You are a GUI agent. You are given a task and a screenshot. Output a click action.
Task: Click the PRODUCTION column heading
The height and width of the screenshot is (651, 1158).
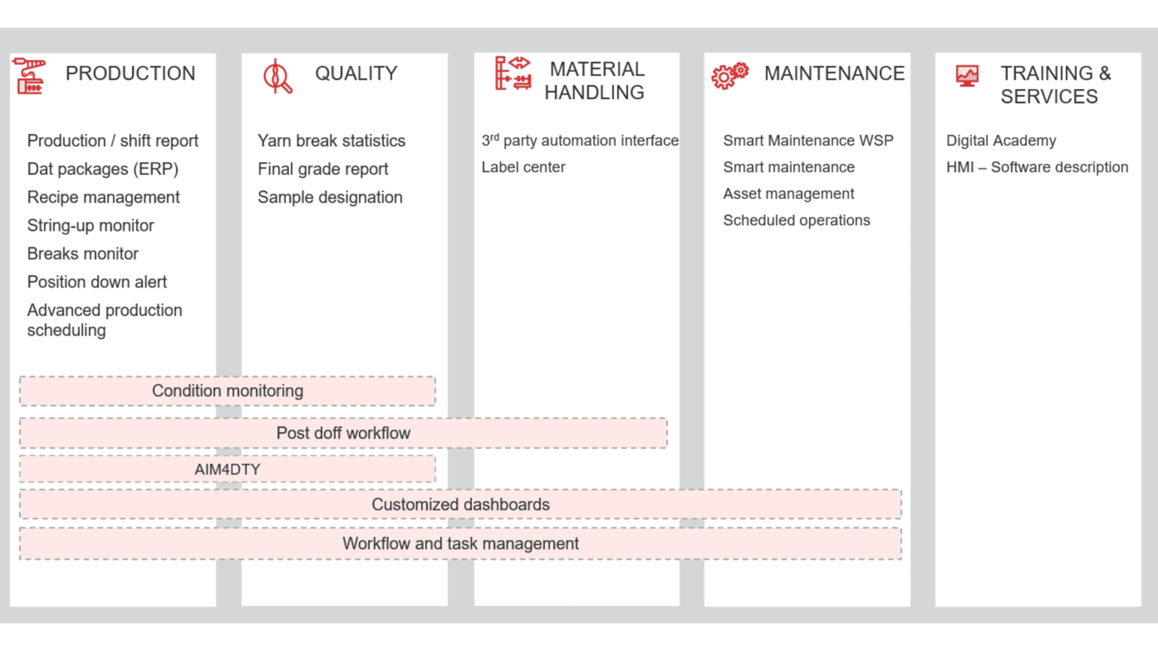130,73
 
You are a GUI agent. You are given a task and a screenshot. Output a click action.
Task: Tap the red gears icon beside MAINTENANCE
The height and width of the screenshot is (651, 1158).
730,75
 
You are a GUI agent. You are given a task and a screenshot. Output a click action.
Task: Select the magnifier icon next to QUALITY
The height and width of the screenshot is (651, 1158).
277,77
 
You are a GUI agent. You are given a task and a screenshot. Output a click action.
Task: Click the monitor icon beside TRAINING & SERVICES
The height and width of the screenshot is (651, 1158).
967,75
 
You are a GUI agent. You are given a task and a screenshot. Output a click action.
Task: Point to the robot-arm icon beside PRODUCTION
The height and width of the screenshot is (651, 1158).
30,76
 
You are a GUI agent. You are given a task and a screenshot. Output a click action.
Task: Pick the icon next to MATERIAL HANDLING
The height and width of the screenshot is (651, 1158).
513,73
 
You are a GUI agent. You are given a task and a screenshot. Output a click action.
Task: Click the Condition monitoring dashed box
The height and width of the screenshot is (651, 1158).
227,391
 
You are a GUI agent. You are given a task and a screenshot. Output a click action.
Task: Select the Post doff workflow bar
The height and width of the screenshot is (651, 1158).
343,433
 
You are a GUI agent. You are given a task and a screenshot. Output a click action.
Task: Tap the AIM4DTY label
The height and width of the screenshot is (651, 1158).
227,469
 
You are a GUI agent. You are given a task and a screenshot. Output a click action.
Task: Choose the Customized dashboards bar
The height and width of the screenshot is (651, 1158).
460,504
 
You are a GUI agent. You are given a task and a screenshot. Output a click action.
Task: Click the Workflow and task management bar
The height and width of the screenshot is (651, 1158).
460,543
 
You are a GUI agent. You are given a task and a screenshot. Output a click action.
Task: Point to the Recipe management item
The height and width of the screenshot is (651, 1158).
103,197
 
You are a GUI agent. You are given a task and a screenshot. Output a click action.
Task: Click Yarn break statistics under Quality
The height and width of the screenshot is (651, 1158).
331,140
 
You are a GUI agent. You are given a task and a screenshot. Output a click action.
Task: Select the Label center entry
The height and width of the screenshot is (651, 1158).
523,167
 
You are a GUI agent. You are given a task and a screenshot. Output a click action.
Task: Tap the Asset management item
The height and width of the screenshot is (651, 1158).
788,194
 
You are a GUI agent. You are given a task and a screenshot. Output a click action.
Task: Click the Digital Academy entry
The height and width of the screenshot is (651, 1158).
1001,140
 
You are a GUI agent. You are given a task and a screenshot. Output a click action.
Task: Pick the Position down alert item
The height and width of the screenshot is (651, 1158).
97,282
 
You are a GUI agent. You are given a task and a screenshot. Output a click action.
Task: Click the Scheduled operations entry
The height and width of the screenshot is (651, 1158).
797,221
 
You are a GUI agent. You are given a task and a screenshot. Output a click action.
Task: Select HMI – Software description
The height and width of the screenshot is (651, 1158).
1037,167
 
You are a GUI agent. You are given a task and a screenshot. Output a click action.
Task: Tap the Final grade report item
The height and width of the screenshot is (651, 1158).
323,169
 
